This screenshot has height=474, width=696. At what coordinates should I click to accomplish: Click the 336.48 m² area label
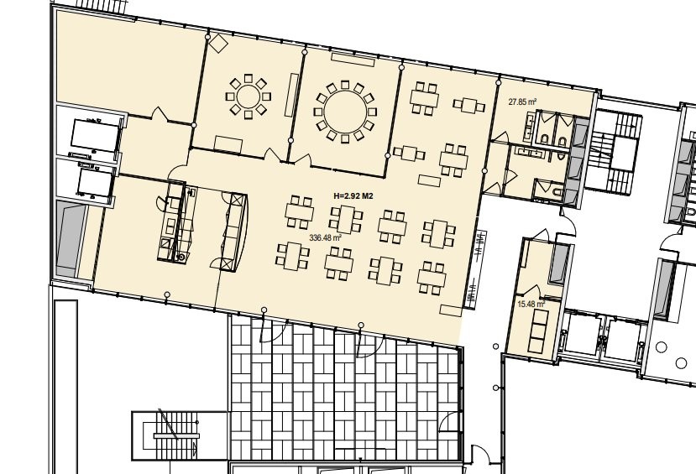325,237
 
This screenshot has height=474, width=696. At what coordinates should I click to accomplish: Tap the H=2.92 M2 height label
353,195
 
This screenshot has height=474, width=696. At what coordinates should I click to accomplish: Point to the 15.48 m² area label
531,305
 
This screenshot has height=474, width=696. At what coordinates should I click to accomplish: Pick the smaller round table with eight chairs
249,96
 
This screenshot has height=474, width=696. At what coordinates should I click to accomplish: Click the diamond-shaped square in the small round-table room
218,43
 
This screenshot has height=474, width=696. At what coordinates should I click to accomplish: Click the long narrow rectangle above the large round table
353,57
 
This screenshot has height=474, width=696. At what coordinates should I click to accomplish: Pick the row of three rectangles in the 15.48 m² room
539,331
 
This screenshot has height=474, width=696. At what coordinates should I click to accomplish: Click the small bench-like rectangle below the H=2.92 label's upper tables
430,180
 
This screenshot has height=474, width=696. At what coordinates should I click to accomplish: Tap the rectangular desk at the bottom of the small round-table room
228,144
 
